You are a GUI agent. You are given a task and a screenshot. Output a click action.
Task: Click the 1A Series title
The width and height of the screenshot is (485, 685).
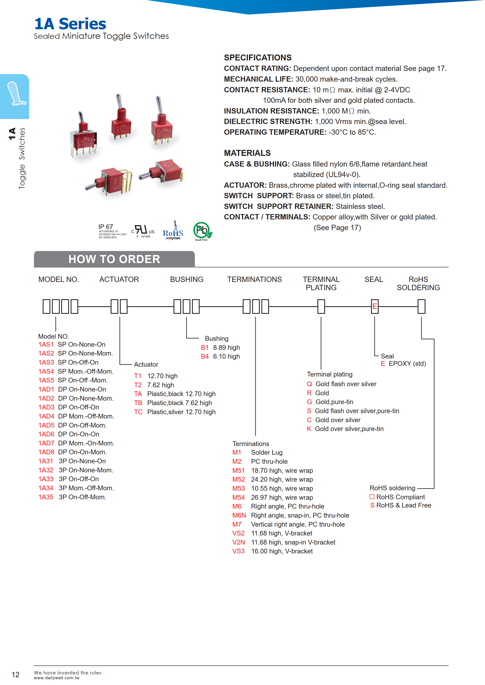70,24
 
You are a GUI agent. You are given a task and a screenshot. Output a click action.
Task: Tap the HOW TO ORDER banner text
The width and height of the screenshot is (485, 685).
114,259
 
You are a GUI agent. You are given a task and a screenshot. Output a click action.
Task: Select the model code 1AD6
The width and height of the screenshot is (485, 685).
46,434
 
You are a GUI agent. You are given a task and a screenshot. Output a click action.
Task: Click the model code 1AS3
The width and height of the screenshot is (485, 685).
46,362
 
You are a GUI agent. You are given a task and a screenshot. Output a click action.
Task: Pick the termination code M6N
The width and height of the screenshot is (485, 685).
239,515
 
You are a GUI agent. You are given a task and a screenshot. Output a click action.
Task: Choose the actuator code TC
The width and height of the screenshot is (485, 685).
138,412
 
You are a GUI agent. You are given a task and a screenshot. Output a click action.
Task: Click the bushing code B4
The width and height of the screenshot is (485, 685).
205,356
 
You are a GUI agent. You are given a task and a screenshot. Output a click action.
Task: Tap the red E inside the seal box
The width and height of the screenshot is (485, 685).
375,306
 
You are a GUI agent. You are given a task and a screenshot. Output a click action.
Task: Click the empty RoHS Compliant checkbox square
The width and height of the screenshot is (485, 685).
372,497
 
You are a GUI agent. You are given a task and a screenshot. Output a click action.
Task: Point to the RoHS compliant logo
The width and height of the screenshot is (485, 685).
173,231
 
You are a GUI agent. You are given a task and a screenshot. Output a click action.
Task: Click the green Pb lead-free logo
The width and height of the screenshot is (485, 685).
202,231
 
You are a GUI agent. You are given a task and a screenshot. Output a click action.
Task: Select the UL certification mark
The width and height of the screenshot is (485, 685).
143,231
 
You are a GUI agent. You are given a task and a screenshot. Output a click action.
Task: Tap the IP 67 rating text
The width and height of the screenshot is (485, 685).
106,227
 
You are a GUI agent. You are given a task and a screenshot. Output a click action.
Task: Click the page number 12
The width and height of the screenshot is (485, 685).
16,675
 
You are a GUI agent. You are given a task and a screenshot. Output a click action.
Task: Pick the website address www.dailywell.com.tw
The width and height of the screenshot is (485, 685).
57,678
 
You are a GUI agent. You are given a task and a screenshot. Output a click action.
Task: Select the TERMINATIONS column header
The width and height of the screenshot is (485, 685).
254,279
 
